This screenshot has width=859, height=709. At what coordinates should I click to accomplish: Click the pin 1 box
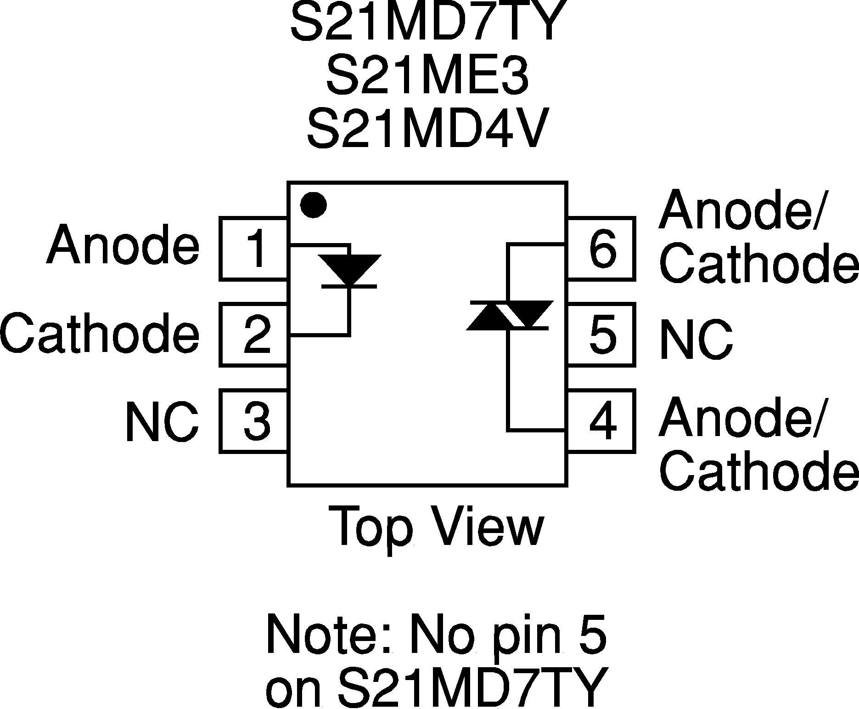(253, 249)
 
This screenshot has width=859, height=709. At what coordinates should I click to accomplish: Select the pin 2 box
(253, 335)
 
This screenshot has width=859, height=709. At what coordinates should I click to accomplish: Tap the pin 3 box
(253, 420)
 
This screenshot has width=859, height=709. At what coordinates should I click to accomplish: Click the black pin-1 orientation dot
(313, 205)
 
